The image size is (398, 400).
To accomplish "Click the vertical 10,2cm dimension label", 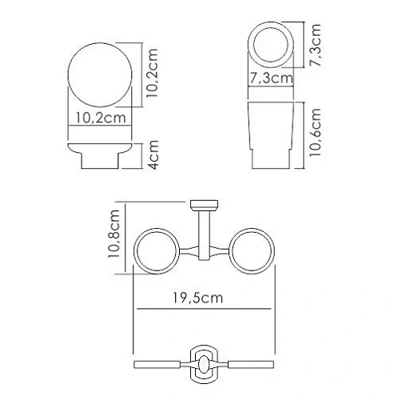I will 155,73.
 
